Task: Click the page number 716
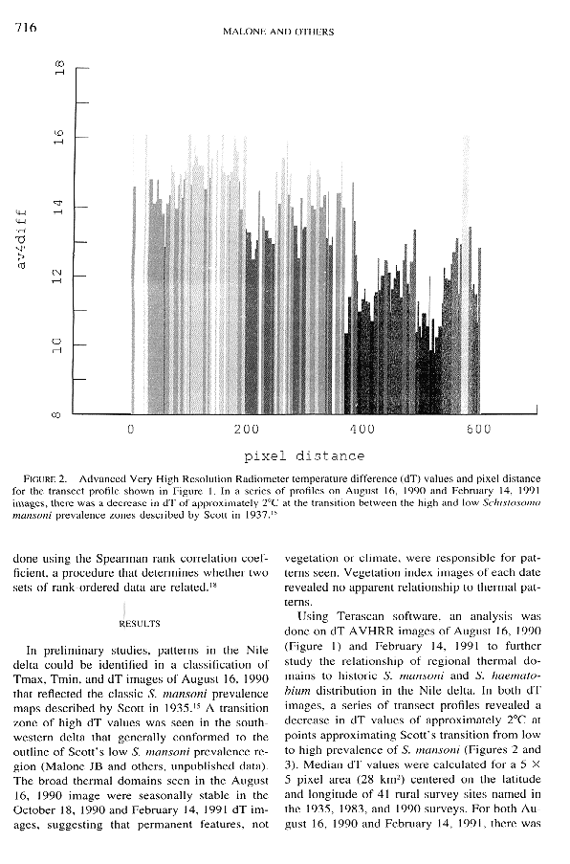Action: tap(26, 29)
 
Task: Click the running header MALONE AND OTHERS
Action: tap(277, 32)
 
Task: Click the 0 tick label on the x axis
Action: tap(130, 430)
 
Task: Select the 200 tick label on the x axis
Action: tap(246, 430)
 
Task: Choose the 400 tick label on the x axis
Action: tap(362, 430)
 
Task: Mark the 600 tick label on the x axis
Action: tap(478, 430)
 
